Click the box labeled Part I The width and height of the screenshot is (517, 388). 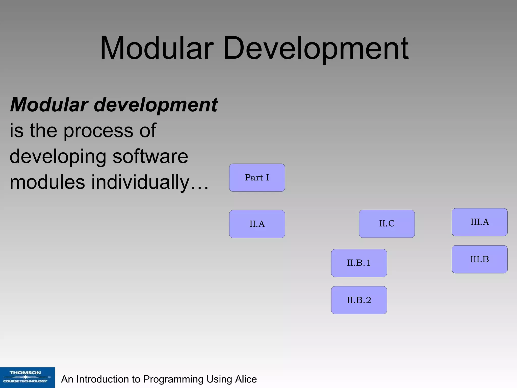pos(257,178)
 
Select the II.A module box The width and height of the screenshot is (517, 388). pos(257,224)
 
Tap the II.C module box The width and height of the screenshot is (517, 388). pos(387,224)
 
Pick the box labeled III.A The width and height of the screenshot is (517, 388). pos(479,222)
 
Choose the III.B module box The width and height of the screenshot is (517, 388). pos(479,259)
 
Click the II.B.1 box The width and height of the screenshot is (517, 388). pos(359,263)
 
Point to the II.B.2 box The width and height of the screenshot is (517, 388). pos(359,300)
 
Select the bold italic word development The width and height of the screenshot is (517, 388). pos(156,105)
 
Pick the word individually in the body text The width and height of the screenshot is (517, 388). pos(140,182)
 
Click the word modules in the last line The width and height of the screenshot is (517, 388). pos(47,182)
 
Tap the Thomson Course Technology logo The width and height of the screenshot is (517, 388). pos(27,377)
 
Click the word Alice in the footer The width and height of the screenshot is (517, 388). pos(246,379)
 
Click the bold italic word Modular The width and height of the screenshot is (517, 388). pos(49,105)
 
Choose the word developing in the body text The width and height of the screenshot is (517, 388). pos(58,156)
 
